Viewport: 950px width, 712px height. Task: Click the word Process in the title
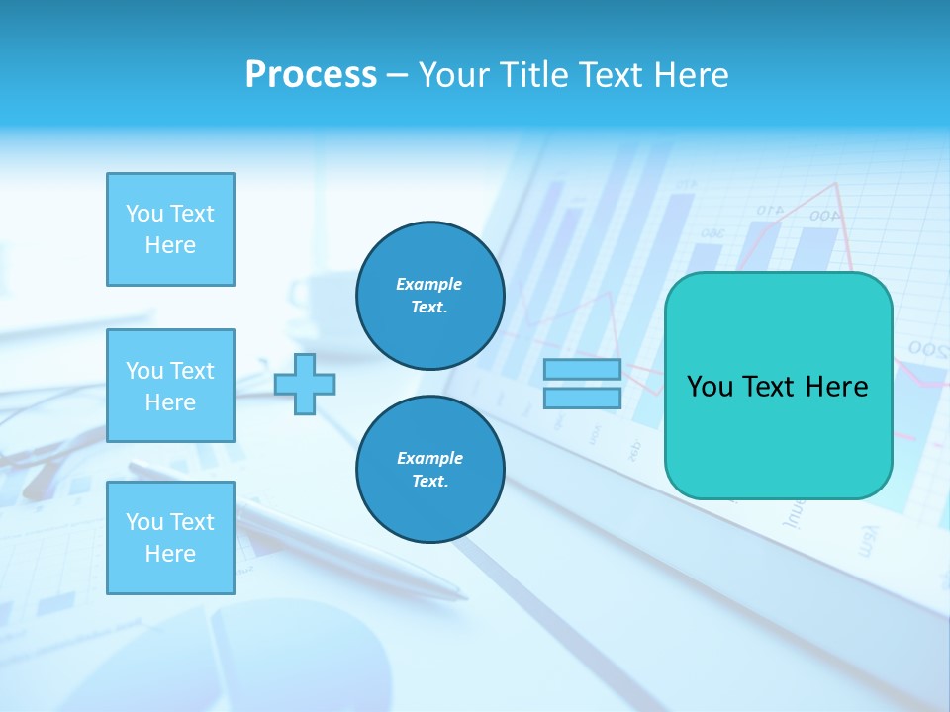[x=311, y=75]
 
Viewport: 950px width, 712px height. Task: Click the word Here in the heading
[x=692, y=75]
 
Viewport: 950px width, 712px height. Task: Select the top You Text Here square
[x=170, y=229]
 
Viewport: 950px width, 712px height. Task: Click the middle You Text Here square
[x=170, y=386]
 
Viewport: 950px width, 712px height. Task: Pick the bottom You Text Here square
[x=170, y=538]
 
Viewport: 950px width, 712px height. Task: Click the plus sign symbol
[x=305, y=384]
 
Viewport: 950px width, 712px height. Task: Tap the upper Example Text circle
[x=429, y=296]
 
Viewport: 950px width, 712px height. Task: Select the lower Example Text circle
[x=429, y=470]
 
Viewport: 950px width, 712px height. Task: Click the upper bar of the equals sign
[x=583, y=370]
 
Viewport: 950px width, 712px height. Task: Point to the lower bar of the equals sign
[x=583, y=398]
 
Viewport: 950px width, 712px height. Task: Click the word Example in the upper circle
[x=429, y=284]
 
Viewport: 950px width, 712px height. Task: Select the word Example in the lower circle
[x=429, y=458]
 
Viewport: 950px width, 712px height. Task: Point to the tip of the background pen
[x=465, y=597]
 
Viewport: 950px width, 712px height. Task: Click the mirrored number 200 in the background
[x=928, y=349]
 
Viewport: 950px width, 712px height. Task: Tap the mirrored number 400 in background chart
[x=823, y=215]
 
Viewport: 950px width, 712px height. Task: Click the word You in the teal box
[x=709, y=387]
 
